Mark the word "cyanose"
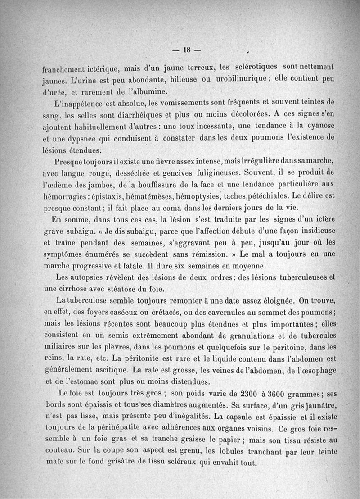[x=319, y=127]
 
